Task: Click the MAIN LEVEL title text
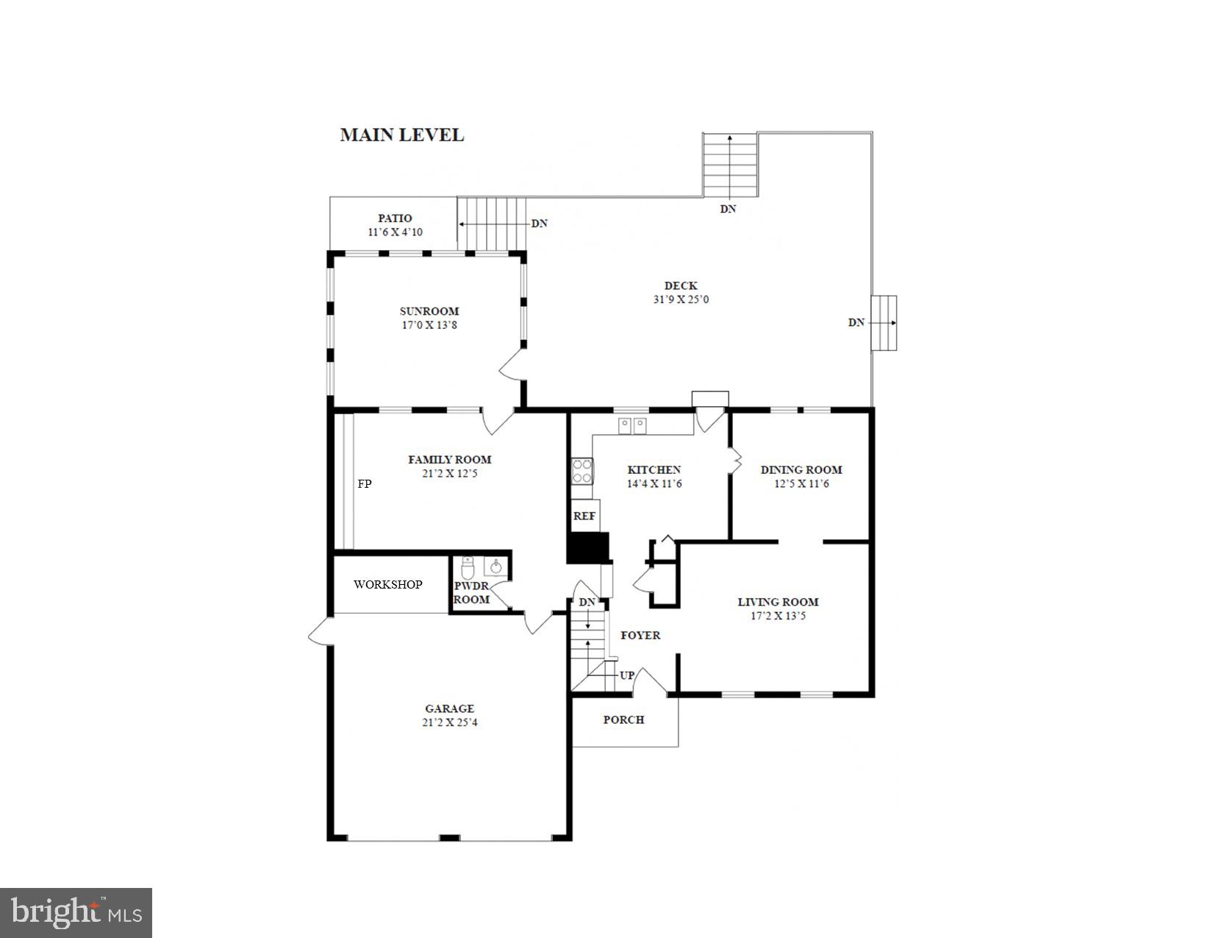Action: [401, 135]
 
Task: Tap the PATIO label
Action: [395, 218]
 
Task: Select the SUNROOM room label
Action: [429, 311]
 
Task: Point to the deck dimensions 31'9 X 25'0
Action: [681, 299]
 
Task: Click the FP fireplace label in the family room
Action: [365, 484]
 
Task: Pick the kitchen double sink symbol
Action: [632, 424]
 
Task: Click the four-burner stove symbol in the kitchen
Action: [582, 471]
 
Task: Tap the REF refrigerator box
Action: [584, 516]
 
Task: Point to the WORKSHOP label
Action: [387, 585]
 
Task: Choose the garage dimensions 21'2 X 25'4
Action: [450, 722]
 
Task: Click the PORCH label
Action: [623, 720]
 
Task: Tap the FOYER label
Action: [640, 635]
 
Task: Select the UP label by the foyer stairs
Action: [627, 675]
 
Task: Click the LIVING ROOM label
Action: [778, 602]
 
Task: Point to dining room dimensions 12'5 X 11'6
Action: [801, 483]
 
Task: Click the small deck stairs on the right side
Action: [884, 323]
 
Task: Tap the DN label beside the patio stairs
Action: [540, 224]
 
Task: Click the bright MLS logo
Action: [76, 913]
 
